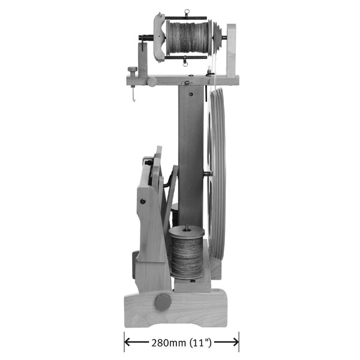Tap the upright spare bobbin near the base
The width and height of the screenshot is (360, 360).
187,252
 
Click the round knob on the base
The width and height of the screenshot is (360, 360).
163,302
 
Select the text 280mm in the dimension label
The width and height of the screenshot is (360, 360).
169,343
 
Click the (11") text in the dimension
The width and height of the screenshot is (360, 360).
200,343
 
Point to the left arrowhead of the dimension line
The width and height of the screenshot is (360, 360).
128,343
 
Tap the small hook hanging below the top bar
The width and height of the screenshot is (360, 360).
133,94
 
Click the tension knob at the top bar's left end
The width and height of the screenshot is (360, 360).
133,70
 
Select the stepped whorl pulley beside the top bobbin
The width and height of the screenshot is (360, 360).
218,38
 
